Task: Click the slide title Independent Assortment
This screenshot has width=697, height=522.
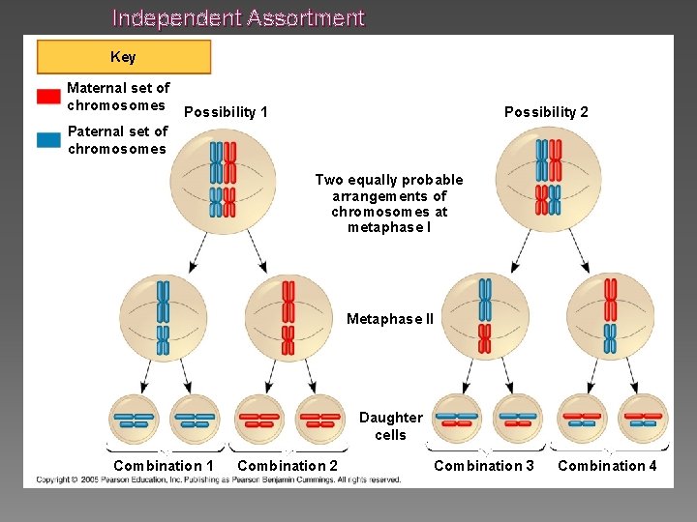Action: (x=238, y=17)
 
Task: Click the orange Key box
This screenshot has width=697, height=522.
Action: (x=123, y=57)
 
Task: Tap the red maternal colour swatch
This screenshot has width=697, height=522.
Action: (x=48, y=97)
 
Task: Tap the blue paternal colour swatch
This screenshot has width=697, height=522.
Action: (x=48, y=139)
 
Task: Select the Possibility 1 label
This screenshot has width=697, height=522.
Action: (x=226, y=112)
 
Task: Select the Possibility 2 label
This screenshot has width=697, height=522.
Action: (x=546, y=112)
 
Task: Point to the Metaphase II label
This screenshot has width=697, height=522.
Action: (x=390, y=319)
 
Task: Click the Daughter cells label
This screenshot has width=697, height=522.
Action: (x=390, y=426)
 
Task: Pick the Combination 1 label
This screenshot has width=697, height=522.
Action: (x=164, y=466)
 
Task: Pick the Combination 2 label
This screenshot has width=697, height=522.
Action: (x=288, y=466)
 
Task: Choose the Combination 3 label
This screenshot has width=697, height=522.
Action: (x=484, y=466)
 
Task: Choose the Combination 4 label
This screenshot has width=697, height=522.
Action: (x=607, y=466)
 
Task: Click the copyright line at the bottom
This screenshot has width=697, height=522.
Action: (x=219, y=479)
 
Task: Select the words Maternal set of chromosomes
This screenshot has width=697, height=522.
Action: (x=118, y=97)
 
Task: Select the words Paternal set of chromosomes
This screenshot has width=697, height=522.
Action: (x=118, y=139)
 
